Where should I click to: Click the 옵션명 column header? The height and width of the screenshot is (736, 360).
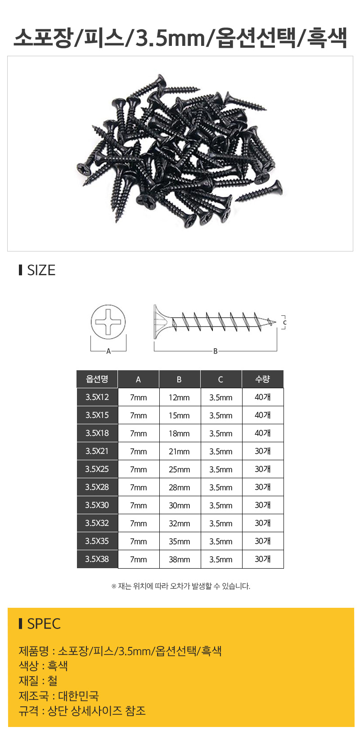(x=97, y=379)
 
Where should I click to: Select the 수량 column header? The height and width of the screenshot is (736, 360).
(x=263, y=379)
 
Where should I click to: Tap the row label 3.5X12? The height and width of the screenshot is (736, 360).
(x=97, y=397)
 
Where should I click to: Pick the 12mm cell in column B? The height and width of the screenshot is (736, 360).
(x=179, y=398)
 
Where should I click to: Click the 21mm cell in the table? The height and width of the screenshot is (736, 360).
(x=179, y=452)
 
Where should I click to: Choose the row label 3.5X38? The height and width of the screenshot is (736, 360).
(x=97, y=559)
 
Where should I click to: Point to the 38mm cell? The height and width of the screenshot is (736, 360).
(x=179, y=559)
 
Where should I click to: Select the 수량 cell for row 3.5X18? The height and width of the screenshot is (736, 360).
(x=263, y=433)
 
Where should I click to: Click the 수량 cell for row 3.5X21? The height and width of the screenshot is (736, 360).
(x=263, y=451)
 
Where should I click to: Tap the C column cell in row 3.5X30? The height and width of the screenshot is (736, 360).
(x=221, y=505)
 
